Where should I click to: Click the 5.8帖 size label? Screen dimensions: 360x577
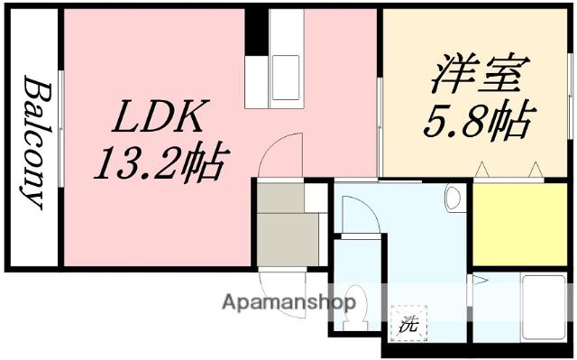pos(474,122)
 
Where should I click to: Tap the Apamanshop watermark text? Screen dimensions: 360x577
pos(280,301)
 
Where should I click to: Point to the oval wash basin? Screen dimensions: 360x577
pos(453,198)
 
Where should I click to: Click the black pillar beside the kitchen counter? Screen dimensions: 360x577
pos(257,30)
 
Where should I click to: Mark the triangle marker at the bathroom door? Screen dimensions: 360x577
pos(481,282)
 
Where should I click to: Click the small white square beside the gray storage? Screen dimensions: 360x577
pos(316,197)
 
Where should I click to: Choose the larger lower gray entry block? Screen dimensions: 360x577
pos(288,238)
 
